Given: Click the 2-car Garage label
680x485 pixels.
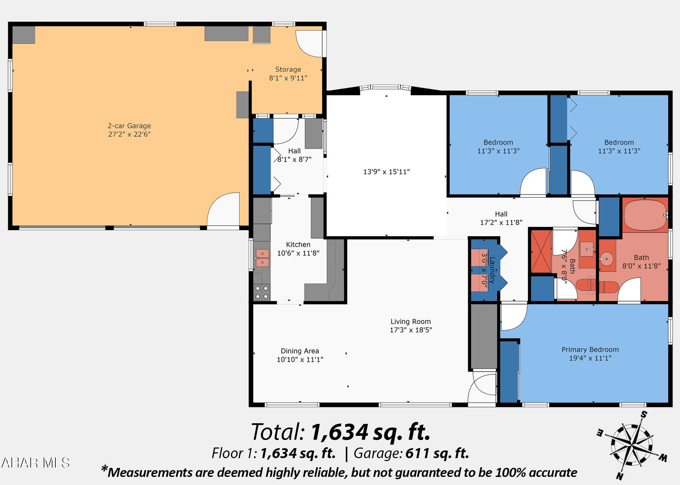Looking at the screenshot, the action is click(129, 126).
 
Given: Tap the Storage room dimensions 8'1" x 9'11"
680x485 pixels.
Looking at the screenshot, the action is click(288, 78).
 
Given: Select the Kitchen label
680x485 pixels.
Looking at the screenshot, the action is click(298, 245).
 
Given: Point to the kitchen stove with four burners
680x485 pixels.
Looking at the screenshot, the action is click(262, 292).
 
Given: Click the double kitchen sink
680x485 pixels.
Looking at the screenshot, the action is click(262, 258).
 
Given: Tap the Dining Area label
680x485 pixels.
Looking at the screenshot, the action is click(300, 351).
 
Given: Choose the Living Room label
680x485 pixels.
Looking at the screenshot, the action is click(411, 321).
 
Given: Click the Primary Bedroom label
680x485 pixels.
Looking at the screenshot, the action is click(590, 350).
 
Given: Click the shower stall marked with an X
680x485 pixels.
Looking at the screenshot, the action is click(541, 251).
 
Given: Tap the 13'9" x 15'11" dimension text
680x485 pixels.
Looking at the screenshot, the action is click(386, 172).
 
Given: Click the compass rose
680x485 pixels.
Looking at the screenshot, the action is click(631, 446).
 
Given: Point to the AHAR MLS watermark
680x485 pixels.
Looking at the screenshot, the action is click(36, 463).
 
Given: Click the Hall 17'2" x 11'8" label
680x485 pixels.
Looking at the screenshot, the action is click(501, 218).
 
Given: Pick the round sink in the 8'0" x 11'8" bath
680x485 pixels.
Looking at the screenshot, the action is click(606, 259).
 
